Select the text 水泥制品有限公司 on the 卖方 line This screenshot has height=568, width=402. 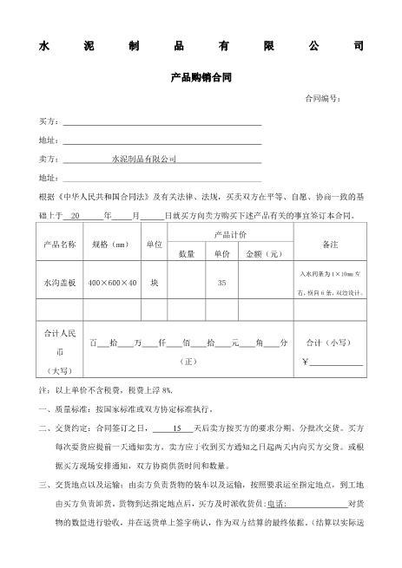coord(143,160)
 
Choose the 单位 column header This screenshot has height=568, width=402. coord(155,244)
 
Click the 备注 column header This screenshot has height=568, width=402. coord(330,244)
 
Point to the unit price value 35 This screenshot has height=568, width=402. coord(221,283)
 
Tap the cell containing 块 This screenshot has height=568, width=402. coord(155,283)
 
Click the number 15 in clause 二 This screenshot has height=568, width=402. coord(178,428)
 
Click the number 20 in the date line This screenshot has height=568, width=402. coord(76,214)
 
